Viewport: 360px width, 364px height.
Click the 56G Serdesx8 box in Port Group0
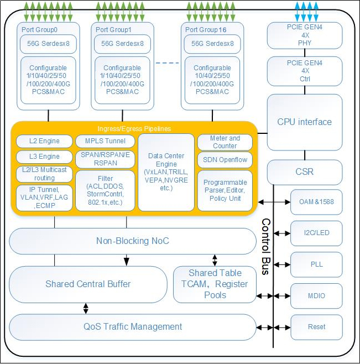(x=47, y=43)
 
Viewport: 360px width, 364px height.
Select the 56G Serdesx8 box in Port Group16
(x=212, y=43)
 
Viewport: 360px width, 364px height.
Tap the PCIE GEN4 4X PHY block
(x=305, y=35)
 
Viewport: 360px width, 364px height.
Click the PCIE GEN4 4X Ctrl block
(x=305, y=71)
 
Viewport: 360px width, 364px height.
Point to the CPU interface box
(x=305, y=122)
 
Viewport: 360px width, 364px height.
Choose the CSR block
(x=305, y=171)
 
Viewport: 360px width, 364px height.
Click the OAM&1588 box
(x=316, y=201)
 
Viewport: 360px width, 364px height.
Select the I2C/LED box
(x=316, y=232)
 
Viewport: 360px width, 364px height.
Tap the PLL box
(x=316, y=264)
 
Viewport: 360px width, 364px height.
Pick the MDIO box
(x=316, y=296)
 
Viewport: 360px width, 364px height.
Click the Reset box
(x=316, y=327)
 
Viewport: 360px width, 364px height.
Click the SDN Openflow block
(x=225, y=160)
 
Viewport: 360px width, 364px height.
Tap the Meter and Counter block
(x=225, y=142)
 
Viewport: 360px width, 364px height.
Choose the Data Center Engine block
(x=166, y=172)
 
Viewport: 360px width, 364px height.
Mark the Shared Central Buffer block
(x=88, y=284)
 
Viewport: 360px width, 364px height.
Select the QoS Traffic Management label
(x=133, y=326)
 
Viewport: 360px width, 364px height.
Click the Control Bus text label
(x=265, y=247)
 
